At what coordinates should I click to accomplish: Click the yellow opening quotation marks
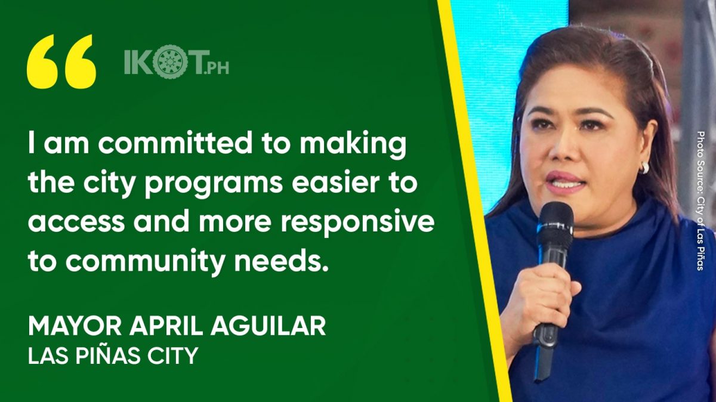(x=61, y=61)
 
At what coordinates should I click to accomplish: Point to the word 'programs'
(x=214, y=185)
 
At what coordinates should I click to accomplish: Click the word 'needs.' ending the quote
(x=282, y=260)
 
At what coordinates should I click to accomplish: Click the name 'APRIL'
(x=166, y=326)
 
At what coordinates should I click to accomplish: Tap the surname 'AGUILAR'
(x=268, y=326)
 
